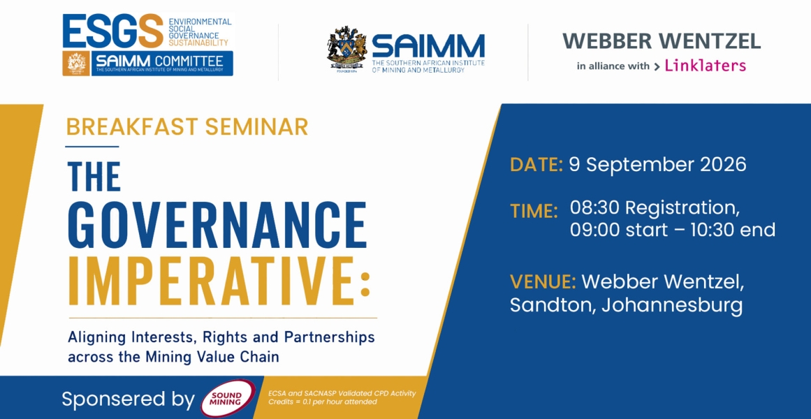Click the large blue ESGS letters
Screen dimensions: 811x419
coord(112,31)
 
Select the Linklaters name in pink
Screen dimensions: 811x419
coord(705,65)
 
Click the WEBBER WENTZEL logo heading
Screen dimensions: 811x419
coord(662,41)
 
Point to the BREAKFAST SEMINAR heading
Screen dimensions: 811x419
coord(187,126)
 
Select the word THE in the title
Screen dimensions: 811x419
coord(94,177)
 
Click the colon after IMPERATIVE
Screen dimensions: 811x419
coord(365,284)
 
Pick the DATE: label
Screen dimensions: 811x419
coord(536,165)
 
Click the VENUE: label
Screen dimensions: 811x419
coord(543,282)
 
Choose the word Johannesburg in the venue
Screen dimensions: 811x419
coord(673,306)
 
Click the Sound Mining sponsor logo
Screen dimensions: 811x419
coord(228,399)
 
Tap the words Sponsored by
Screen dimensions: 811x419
coord(129,399)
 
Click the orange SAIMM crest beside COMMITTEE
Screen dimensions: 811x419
coord(76,64)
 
